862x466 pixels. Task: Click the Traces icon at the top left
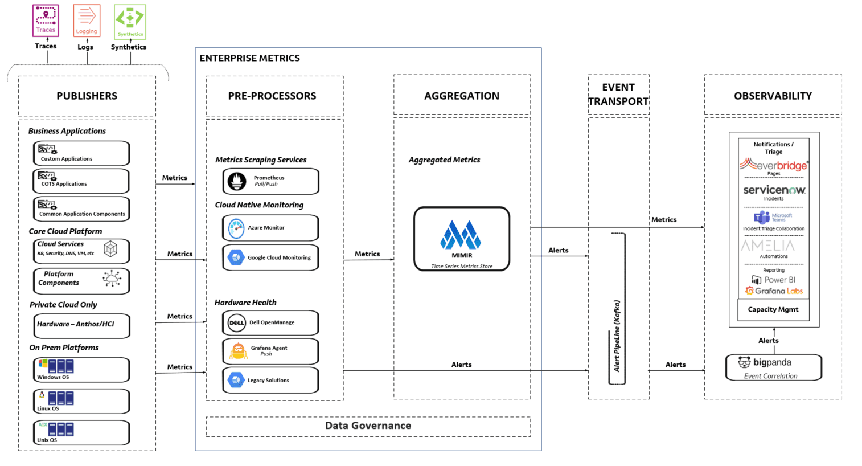point(46,21)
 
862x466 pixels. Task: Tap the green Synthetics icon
point(130,22)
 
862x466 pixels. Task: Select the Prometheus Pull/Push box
point(270,181)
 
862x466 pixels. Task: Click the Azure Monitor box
point(270,228)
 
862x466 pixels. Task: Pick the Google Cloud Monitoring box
point(270,257)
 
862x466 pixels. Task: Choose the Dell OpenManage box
point(270,322)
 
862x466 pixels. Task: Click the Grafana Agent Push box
point(270,351)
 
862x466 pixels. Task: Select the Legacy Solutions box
point(270,380)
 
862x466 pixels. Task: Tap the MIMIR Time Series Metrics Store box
point(462,239)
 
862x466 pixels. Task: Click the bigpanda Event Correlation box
point(773,367)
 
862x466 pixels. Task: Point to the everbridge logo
point(774,165)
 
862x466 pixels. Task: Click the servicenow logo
point(774,190)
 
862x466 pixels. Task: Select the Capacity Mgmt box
point(773,310)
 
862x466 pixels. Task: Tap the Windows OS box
point(81,370)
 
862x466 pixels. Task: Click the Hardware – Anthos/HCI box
point(81,325)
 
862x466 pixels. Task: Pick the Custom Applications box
point(81,153)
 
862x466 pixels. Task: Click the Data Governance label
point(368,426)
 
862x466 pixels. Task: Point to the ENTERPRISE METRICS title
point(249,58)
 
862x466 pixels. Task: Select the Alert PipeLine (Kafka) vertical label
point(617,336)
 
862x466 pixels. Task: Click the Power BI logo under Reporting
point(774,280)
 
